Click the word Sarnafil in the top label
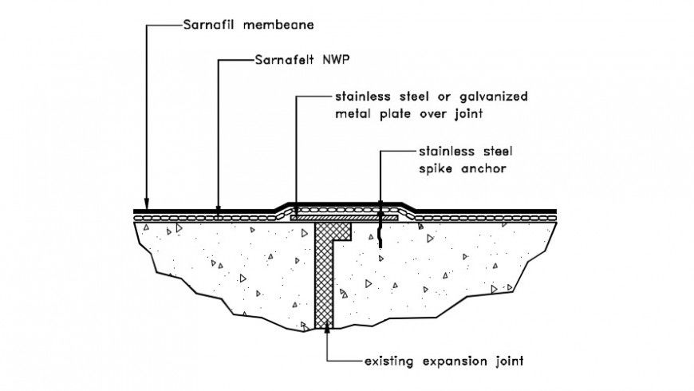(208, 25)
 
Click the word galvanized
(487, 97)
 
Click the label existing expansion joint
(444, 361)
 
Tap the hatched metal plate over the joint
(343, 216)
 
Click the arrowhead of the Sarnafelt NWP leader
(219, 212)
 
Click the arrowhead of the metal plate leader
(296, 210)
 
